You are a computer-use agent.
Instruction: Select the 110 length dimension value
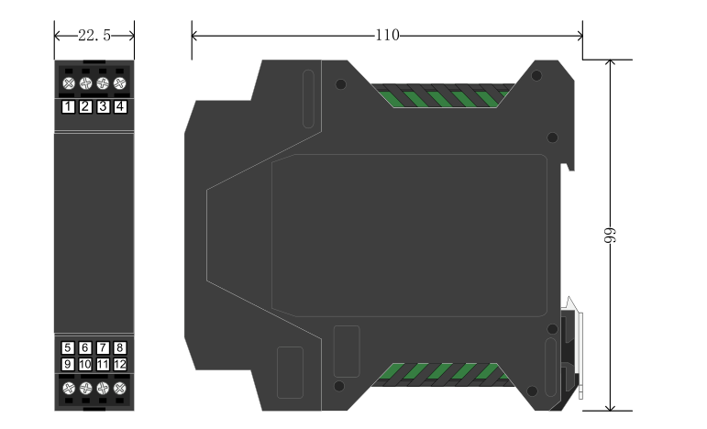coord(387,35)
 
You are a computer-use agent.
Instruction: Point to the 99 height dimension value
coord(609,236)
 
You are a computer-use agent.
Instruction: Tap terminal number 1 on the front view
coord(68,107)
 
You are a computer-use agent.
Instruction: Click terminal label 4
coord(119,107)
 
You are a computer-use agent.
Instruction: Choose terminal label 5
coord(68,348)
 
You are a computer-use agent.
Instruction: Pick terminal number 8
coord(119,348)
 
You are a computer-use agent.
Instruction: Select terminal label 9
coord(68,365)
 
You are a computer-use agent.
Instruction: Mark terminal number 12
coord(119,365)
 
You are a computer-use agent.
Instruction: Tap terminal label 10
coord(84,365)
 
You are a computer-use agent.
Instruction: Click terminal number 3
coord(103,107)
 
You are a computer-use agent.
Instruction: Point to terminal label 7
coord(103,348)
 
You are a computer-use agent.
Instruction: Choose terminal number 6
coord(84,348)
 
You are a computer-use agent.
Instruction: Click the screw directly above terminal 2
coord(84,83)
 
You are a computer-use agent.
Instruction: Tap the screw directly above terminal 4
coord(119,83)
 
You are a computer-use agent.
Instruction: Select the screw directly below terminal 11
coord(103,389)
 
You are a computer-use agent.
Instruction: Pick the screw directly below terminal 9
coord(68,389)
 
